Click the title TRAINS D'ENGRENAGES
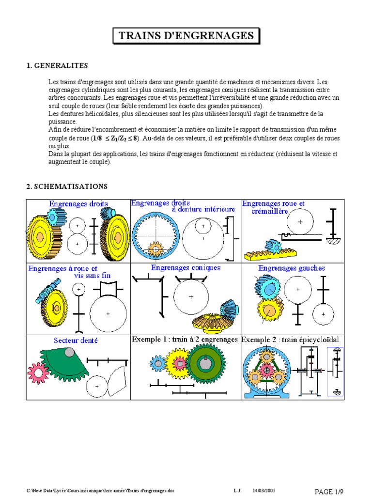186,35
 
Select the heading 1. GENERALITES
57,66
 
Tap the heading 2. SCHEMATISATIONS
67,186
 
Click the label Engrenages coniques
186,267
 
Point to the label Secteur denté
76,341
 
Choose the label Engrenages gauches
291,268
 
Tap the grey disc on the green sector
70,352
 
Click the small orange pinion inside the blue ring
155,250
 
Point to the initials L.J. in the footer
237,491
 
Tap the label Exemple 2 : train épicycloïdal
290,340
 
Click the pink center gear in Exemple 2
266,370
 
